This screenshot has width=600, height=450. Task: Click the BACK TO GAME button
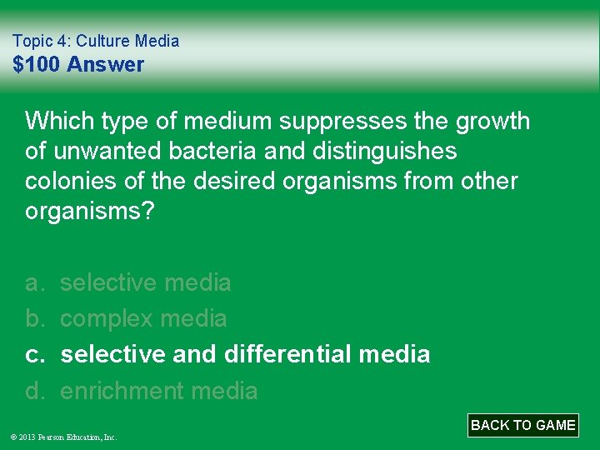tap(523, 425)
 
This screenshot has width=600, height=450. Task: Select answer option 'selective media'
tap(146, 282)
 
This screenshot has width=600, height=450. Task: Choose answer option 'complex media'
tap(143, 318)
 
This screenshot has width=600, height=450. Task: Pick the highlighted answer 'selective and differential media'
tap(245, 354)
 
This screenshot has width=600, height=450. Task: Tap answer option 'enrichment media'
tap(159, 390)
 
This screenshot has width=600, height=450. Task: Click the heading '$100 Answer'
tap(78, 64)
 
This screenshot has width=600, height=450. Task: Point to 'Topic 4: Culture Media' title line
tap(96, 40)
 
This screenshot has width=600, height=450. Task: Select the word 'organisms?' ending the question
tap(90, 211)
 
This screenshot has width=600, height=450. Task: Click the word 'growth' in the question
tap(492, 121)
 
